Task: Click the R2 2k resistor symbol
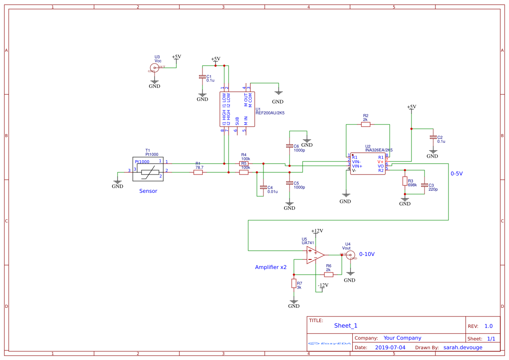[366, 124]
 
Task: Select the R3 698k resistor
[405, 181]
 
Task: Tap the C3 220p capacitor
[425, 185]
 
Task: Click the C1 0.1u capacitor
[202, 77]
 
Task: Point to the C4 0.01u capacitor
[263, 187]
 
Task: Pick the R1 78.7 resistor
[198, 172]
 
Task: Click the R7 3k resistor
[294, 284]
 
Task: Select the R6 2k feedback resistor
[329, 275]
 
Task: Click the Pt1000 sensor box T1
[148, 169]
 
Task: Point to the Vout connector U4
[350, 256]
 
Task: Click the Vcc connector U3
[154, 67]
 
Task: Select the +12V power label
[317, 231]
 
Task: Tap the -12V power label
[323, 286]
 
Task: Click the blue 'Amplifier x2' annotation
[270, 267]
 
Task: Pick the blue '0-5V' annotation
[456, 173]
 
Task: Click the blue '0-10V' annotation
[367, 254]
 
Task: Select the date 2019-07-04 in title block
[390, 347]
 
